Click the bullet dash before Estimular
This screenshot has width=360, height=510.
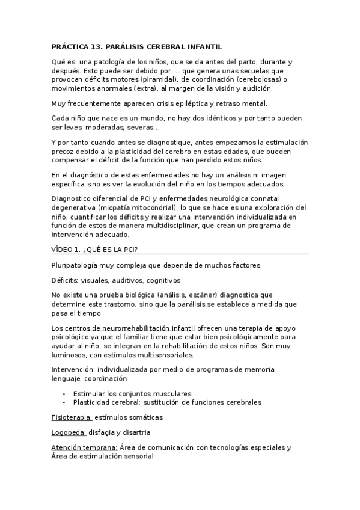[x=63, y=393]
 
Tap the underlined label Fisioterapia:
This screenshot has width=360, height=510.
[x=72, y=417]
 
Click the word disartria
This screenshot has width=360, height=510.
[x=135, y=432]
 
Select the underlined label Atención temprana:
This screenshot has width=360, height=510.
[x=84, y=447]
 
